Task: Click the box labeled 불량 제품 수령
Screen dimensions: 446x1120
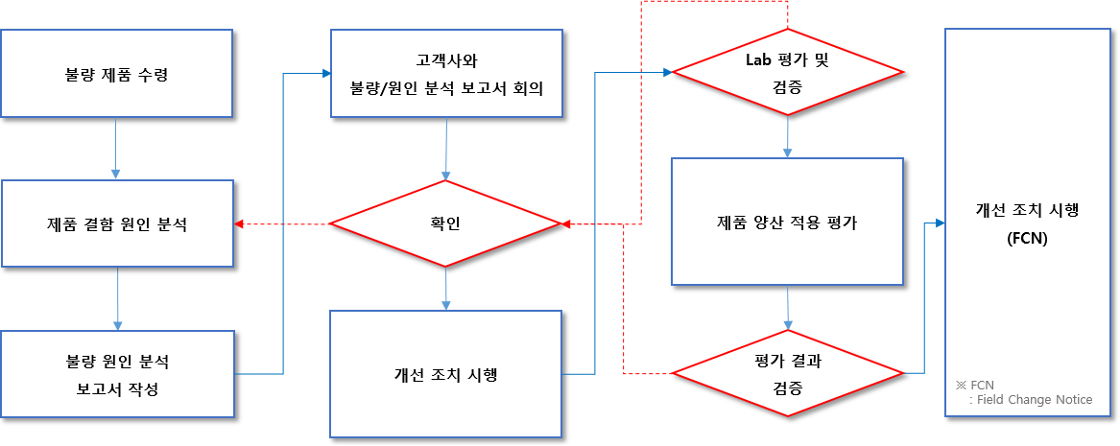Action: [116, 73]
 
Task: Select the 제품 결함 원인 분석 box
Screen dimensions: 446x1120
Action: [116, 224]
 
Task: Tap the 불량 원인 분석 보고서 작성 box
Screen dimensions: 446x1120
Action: [116, 375]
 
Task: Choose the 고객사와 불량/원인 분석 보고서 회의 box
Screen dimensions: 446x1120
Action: [445, 73]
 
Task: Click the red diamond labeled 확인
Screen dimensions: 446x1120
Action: [445, 224]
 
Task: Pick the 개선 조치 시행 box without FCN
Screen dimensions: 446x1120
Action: [445, 374]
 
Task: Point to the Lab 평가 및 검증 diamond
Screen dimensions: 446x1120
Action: [787, 72]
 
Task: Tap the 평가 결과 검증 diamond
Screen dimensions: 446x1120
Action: [787, 373]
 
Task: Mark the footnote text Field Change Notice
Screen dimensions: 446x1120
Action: [1036, 400]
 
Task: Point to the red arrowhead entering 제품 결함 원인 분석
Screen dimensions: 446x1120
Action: [240, 224]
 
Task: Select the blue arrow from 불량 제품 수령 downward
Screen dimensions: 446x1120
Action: [116, 149]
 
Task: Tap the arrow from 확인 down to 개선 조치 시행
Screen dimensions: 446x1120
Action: [445, 289]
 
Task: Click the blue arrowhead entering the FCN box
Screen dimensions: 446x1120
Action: [940, 223]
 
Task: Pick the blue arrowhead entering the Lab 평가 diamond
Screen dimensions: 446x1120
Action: [666, 72]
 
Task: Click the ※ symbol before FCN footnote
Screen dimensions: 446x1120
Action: [961, 384]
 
